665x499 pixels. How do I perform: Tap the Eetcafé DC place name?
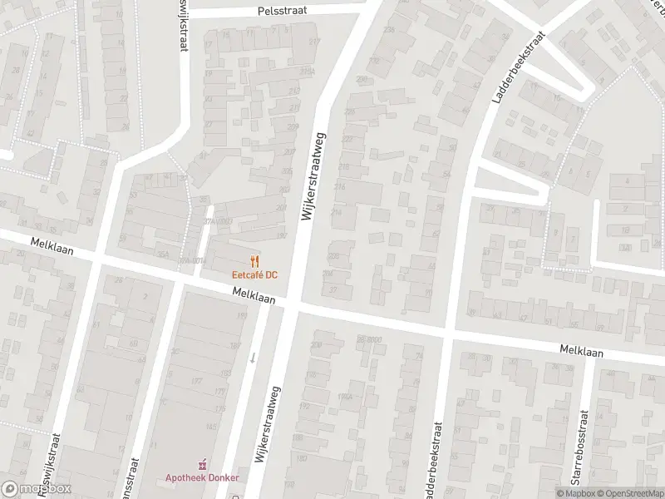pyautogui.click(x=254, y=274)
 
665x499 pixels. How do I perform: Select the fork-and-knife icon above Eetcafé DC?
pyautogui.click(x=254, y=259)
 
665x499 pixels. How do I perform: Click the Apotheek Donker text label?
pyautogui.click(x=201, y=477)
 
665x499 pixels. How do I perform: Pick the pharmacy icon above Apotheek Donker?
pyautogui.click(x=201, y=463)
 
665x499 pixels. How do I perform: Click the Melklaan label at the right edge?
pyautogui.click(x=581, y=352)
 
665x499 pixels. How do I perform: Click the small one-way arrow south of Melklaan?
pyautogui.click(x=253, y=358)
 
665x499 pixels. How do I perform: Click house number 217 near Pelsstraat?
pyautogui.click(x=314, y=42)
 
